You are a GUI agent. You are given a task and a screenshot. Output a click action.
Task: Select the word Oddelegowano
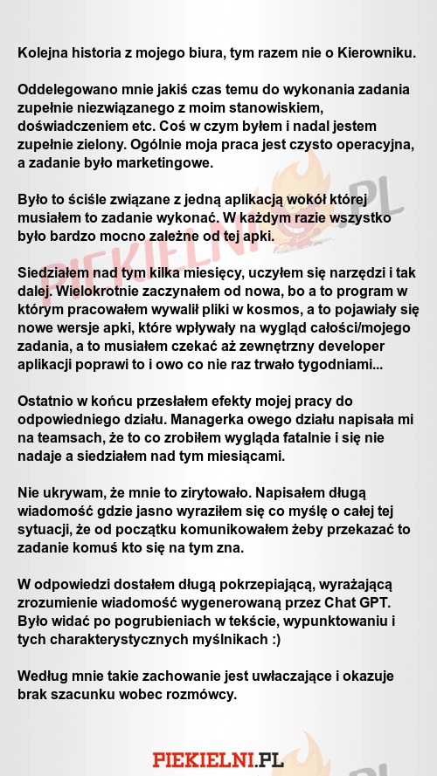tap(64, 91)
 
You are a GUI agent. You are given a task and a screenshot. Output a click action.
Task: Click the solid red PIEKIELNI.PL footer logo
tap(218, 759)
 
